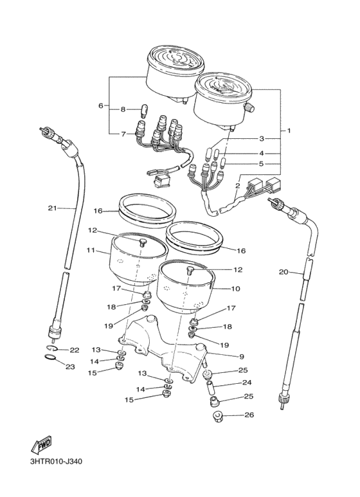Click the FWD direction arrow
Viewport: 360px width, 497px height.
click(x=40, y=446)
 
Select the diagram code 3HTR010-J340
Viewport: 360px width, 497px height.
click(x=56, y=462)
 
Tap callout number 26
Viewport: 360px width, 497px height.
click(x=249, y=415)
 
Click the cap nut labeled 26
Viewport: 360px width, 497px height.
click(x=217, y=415)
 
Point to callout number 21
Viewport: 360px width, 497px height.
click(x=53, y=208)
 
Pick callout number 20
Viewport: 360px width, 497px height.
click(x=283, y=271)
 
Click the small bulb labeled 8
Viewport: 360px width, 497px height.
click(x=143, y=111)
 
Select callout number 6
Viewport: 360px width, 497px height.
click(x=101, y=105)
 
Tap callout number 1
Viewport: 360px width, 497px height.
click(x=289, y=131)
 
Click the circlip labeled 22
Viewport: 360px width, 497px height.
click(x=53, y=348)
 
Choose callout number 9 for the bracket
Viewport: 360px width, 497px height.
click(x=242, y=357)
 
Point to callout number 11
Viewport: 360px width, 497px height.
click(x=91, y=250)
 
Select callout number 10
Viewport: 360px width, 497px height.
click(x=236, y=289)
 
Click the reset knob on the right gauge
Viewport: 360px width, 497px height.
click(x=249, y=108)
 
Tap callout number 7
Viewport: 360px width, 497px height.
click(x=123, y=134)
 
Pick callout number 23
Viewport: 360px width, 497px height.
click(x=70, y=366)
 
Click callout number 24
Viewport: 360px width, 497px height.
click(x=247, y=383)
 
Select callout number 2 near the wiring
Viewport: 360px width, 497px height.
click(x=237, y=186)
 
